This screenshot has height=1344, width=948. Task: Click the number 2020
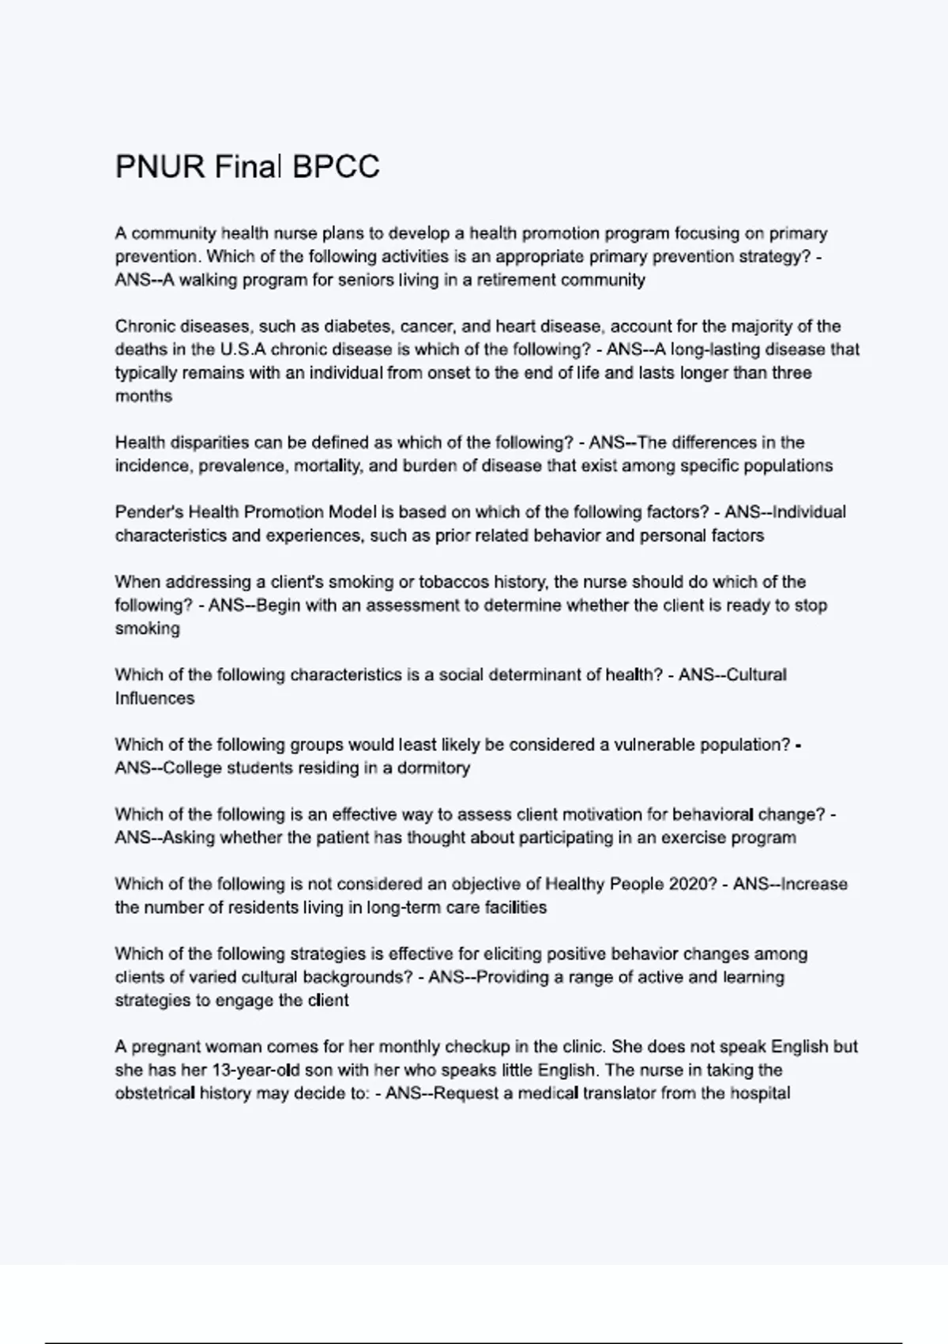(x=690, y=884)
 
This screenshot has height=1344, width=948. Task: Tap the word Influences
(x=155, y=698)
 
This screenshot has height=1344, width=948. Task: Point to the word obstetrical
(x=155, y=1093)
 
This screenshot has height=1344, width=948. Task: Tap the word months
(x=144, y=396)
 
